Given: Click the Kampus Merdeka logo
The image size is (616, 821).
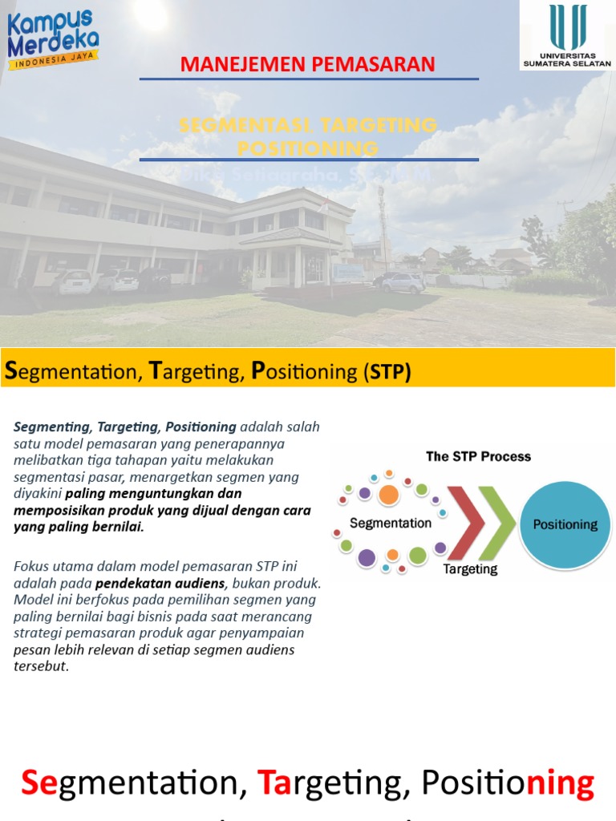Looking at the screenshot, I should tap(54, 39).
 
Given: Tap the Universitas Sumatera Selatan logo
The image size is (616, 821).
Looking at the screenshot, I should tap(567, 35).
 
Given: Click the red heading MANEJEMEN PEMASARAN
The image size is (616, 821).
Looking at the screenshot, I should tap(308, 64).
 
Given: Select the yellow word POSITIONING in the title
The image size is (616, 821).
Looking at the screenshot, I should tap(308, 148).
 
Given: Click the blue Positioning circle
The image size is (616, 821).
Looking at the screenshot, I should tap(565, 524).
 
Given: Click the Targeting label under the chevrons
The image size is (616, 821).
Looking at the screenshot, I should tap(470, 569).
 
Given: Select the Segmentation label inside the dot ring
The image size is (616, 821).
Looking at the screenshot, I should tap(391, 523).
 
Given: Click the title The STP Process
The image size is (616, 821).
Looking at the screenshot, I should tap(478, 456).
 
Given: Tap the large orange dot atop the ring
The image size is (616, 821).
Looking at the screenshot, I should tap(388, 494).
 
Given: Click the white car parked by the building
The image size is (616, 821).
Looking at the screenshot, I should tap(72, 281).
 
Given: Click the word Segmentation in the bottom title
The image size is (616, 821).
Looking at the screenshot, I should tap(133, 783).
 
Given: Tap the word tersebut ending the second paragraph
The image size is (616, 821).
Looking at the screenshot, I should tap(40, 666).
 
